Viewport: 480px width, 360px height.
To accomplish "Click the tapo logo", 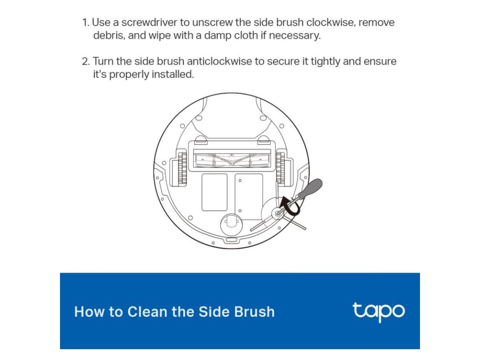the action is pos(379,312).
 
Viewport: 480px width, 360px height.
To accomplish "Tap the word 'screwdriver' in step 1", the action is pos(150,22).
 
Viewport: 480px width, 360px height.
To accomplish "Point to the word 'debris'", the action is pos(109,36).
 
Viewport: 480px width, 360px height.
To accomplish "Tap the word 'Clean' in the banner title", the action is pos(147,312).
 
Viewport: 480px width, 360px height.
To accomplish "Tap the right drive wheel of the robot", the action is pos(280,168).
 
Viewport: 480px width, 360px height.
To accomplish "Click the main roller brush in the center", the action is pos(232,160).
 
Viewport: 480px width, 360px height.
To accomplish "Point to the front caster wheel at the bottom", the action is pos(232,225).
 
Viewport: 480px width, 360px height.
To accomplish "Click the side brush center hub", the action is pos(278,213).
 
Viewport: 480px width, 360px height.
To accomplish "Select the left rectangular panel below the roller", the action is pos(214,192).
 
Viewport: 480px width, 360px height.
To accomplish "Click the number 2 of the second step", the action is pos(86,61).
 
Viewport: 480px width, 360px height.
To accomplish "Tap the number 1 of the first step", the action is pos(85,22).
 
